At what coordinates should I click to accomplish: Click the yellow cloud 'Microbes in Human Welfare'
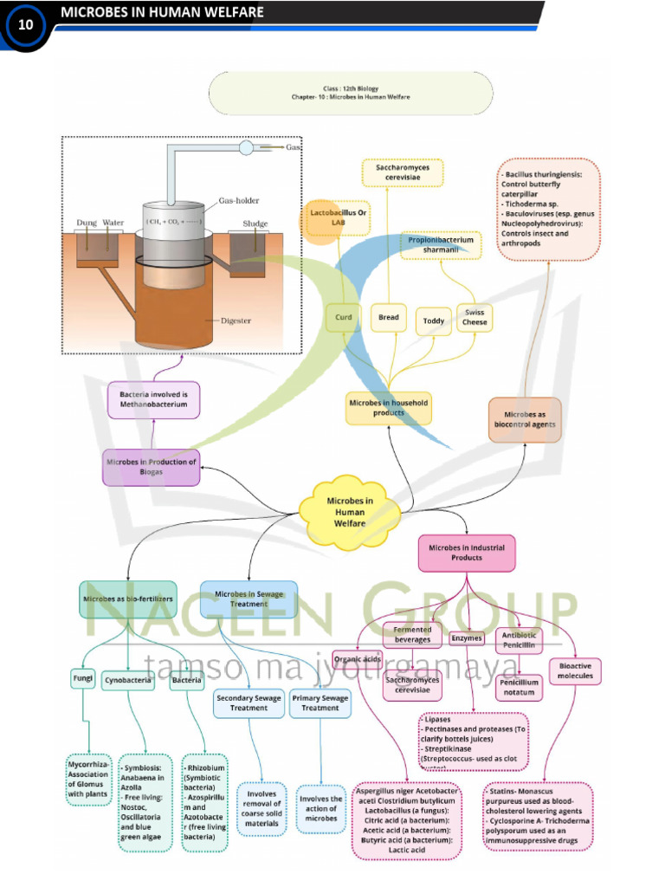coord(350,511)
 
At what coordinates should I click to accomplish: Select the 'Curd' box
coord(344,318)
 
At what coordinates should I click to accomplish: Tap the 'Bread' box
coord(389,318)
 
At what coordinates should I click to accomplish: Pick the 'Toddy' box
coord(434,321)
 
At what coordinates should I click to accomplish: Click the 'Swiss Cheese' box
coord(475,318)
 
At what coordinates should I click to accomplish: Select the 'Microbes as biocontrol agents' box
coord(525,420)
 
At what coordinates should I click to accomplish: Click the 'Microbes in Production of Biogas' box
coord(152,467)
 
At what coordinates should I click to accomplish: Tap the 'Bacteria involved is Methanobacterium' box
coord(153,399)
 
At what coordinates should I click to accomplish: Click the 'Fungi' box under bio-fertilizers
coord(83,679)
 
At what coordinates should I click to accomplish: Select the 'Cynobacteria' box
coord(128,681)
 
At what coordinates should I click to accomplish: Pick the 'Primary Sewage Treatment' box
coord(320,702)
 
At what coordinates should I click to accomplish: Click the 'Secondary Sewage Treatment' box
coord(249,702)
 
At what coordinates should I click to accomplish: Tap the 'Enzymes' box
coord(467,638)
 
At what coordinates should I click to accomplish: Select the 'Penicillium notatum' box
coord(520,688)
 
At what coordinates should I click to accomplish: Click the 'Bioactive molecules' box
coord(575,670)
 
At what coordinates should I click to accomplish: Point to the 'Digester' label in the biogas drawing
coord(235,320)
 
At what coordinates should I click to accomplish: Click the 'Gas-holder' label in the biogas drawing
coord(238,201)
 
